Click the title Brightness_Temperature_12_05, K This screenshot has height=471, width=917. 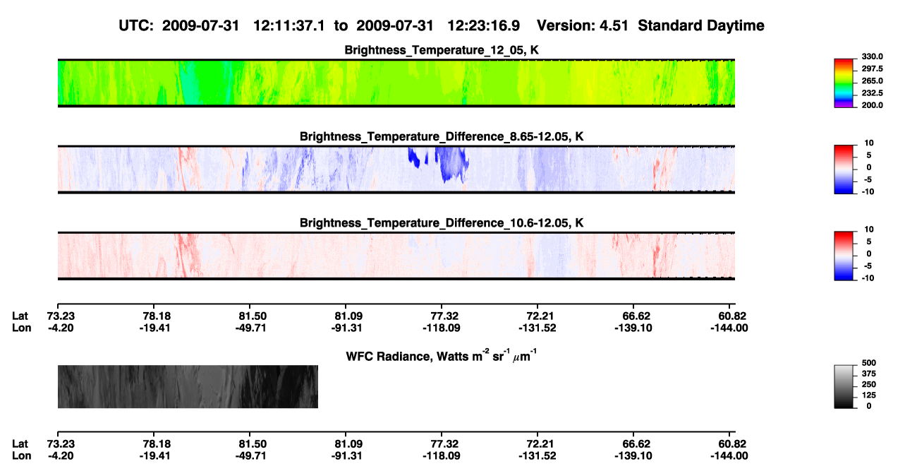point(442,50)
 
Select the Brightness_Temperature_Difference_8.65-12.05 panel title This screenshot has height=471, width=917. point(442,136)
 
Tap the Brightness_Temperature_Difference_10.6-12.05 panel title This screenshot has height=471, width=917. point(442,223)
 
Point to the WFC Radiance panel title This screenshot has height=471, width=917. point(442,355)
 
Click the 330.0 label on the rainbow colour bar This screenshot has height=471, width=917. point(872,56)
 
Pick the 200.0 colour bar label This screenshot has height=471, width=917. point(872,105)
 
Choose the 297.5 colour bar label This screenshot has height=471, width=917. point(872,68)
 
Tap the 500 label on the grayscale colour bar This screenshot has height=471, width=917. point(869,363)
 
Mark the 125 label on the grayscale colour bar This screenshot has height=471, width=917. point(869,395)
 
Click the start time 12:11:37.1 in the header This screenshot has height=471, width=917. point(289,26)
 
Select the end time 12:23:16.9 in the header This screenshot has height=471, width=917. point(483,26)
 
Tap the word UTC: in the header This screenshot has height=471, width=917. point(136,26)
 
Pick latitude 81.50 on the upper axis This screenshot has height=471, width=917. point(250,316)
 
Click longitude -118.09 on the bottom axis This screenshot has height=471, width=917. point(442,456)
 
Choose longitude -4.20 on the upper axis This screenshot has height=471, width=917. point(61,328)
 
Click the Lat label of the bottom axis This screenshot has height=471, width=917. point(20,444)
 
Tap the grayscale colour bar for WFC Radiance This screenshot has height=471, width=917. point(844,386)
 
